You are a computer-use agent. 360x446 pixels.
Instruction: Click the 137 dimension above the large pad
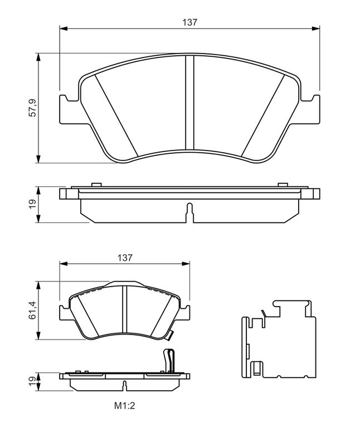tap(189, 22)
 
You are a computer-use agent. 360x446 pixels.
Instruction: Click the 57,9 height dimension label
tap(33, 108)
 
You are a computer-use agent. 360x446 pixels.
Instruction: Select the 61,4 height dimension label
tap(33, 310)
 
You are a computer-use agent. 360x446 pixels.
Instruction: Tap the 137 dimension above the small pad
tap(125, 258)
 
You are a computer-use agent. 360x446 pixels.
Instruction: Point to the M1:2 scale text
tap(124, 406)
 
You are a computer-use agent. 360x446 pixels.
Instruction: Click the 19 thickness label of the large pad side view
tap(33, 203)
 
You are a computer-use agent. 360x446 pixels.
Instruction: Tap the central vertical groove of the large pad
tap(189, 103)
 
